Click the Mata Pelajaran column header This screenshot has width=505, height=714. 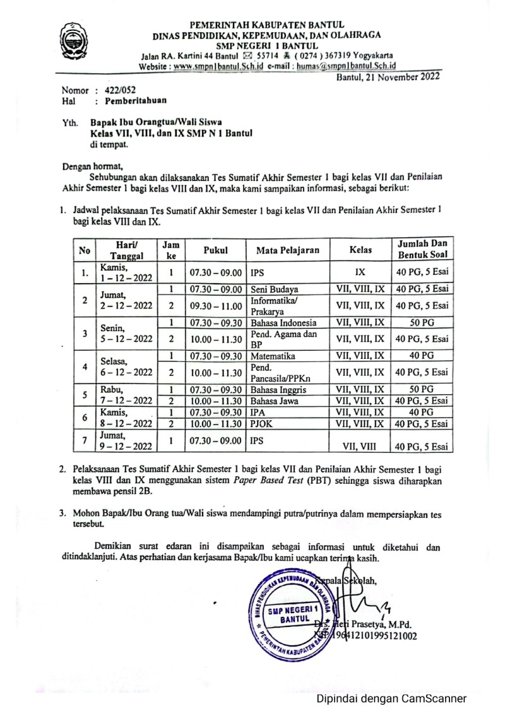tap(288, 250)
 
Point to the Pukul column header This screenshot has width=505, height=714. tap(215, 250)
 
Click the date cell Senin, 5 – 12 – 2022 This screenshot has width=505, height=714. tap(126, 334)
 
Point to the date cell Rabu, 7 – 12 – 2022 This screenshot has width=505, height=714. tap(126, 395)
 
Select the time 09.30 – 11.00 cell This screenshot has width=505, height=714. tap(215, 306)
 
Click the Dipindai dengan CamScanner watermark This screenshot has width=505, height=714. tap(391, 698)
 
